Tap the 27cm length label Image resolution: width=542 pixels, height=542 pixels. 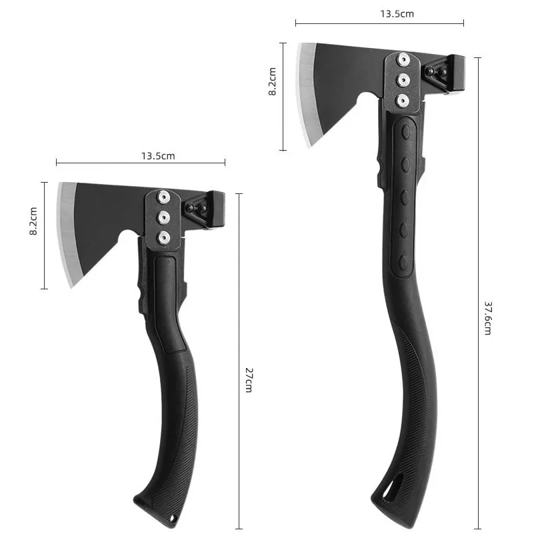(x=247, y=379)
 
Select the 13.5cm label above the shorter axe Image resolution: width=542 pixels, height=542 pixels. (x=157, y=156)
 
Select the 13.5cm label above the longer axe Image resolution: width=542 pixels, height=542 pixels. (x=396, y=13)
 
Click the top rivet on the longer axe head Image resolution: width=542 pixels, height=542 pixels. (x=403, y=59)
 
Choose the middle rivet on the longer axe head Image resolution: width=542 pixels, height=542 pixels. (x=403, y=79)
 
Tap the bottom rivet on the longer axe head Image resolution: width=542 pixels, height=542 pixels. (x=403, y=99)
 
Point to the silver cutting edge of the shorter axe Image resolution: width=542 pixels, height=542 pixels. (x=67, y=233)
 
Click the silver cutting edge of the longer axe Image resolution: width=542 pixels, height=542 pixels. (x=305, y=93)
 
